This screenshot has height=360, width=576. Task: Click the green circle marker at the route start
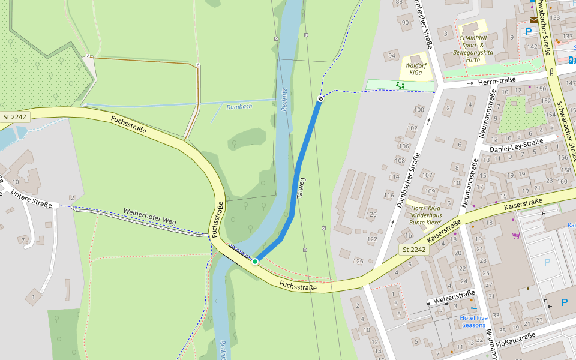pos(255,261)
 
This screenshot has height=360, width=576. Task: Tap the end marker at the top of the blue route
pos(320,98)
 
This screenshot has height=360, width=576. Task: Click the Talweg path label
pos(302,188)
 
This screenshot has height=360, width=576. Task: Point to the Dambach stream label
pos(239,106)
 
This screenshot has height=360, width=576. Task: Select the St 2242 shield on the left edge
pos(14,117)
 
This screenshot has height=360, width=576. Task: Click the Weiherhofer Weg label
pos(149,217)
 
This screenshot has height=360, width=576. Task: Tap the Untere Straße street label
pos(32,198)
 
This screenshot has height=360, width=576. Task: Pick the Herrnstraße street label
pos(497,80)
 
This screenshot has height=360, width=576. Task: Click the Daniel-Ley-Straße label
pos(516,145)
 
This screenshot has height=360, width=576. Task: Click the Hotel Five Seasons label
pos(473,321)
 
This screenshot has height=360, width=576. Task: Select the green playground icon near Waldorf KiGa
pos(400,86)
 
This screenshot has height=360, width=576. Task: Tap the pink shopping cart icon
pos(515,235)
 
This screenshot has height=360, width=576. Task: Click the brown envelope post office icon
pos(533,20)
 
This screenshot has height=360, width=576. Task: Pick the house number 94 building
pos(392,56)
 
